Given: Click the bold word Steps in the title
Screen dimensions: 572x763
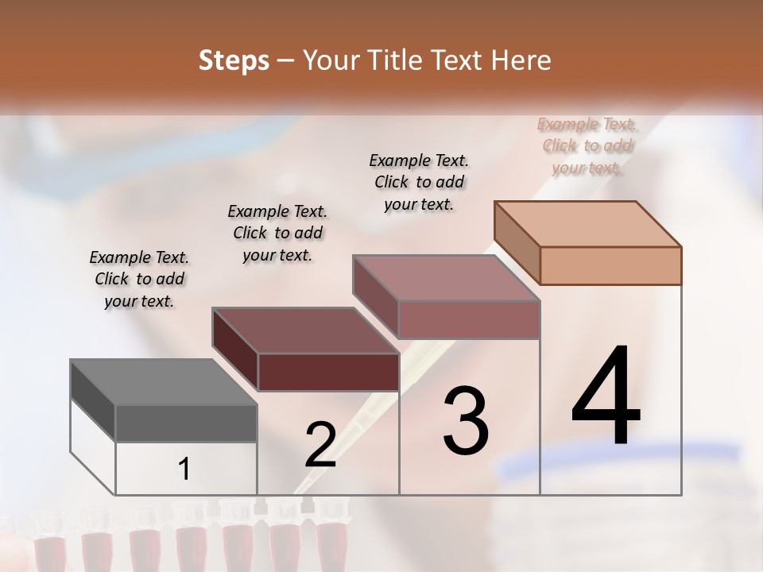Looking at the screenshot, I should click(x=234, y=60).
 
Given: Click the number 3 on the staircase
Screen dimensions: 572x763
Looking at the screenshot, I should click(x=465, y=421).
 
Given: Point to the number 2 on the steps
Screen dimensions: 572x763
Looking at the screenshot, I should click(x=320, y=445).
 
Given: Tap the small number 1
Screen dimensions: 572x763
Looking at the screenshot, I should click(x=184, y=470).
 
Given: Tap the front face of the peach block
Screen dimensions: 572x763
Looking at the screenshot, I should click(x=610, y=265).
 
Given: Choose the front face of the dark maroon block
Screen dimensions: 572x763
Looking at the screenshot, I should click(x=328, y=372).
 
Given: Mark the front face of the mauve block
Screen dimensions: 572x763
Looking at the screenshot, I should click(x=469, y=319).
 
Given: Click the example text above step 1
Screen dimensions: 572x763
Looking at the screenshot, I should click(x=139, y=279).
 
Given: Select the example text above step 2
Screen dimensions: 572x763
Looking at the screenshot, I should click(x=277, y=233).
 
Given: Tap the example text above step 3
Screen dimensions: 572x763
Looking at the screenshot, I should click(x=419, y=182).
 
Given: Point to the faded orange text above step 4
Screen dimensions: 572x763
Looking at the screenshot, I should click(x=587, y=145).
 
